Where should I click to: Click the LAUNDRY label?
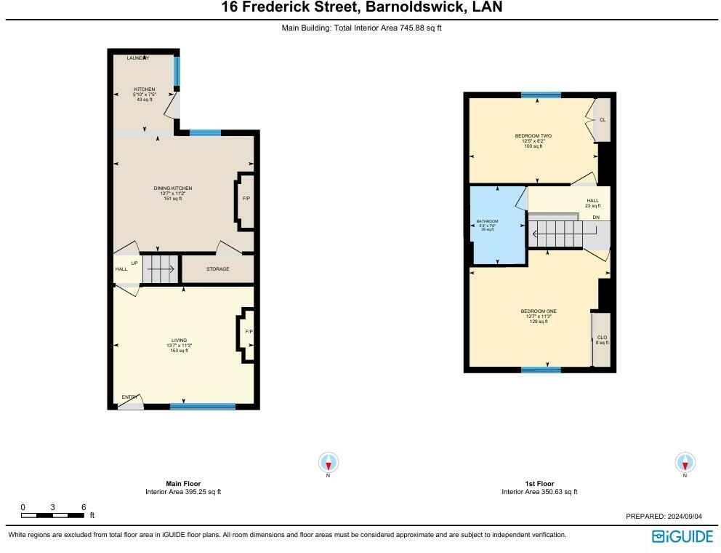tap(137, 58)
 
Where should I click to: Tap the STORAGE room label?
tap(217, 269)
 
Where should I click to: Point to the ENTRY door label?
tap(129, 397)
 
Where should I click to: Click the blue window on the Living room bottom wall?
tap(193, 406)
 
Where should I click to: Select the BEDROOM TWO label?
tap(533, 136)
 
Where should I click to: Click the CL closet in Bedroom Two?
tap(602, 120)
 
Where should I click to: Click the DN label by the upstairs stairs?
tap(596, 218)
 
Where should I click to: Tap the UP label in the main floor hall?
tap(134, 263)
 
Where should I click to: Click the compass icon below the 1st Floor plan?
tap(685, 462)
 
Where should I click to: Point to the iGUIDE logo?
tap(682, 537)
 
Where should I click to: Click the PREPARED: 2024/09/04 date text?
tap(664, 516)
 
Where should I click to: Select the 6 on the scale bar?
tap(84, 507)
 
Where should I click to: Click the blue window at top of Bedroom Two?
tap(541, 95)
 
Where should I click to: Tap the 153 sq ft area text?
tap(179, 351)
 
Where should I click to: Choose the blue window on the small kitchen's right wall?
tap(177, 71)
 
